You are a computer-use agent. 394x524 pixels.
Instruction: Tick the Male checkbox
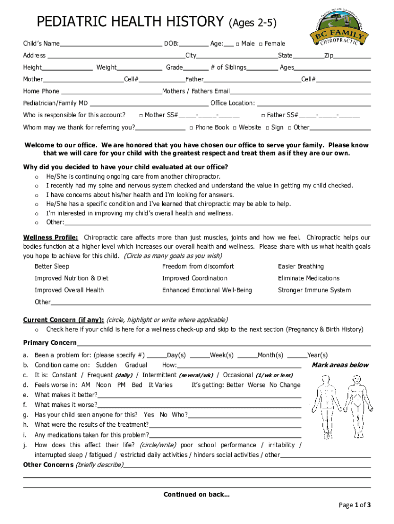point(237,44)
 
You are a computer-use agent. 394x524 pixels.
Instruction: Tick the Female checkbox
point(261,44)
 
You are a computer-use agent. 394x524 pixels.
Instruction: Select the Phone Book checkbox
point(191,127)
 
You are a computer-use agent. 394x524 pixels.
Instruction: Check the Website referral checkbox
point(234,127)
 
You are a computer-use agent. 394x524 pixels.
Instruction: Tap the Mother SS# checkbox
point(141,115)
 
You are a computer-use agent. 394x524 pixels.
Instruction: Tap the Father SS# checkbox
point(262,115)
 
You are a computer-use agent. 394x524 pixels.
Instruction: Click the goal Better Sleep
point(52,267)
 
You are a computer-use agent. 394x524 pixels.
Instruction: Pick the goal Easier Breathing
point(301,267)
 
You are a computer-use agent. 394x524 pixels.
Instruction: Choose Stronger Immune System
point(314,290)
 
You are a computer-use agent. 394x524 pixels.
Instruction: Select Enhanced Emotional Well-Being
point(207,290)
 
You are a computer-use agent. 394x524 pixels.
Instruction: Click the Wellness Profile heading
point(51,238)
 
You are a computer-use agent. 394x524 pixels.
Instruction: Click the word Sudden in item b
point(106,365)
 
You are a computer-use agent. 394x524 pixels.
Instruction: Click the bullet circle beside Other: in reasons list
point(36,223)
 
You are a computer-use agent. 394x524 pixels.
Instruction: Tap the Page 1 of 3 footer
point(355,506)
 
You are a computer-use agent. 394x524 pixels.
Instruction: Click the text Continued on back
point(196,494)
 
